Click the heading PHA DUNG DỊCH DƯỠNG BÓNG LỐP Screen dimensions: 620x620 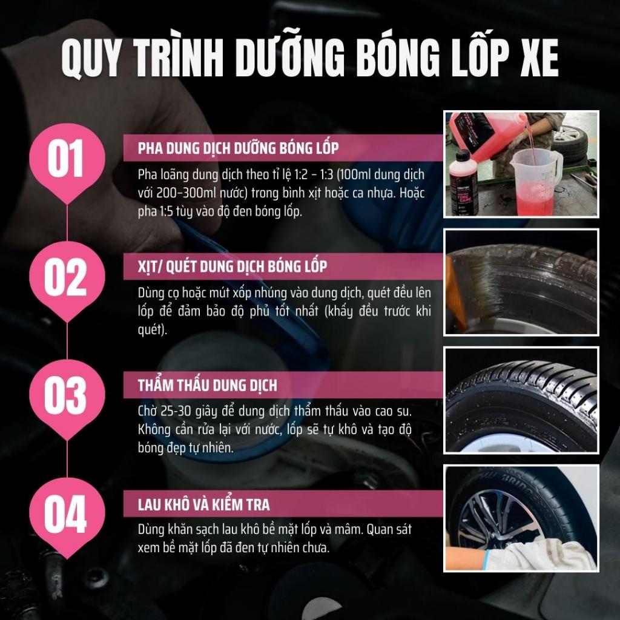click(x=238, y=148)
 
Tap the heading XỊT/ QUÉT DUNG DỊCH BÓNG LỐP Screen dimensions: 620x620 click(x=232, y=266)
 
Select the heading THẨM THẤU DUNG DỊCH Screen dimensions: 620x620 click(x=207, y=385)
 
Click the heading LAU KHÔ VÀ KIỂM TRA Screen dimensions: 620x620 click(x=203, y=504)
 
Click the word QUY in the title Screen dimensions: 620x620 click(x=90, y=58)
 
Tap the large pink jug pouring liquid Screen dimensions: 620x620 click(x=486, y=134)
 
